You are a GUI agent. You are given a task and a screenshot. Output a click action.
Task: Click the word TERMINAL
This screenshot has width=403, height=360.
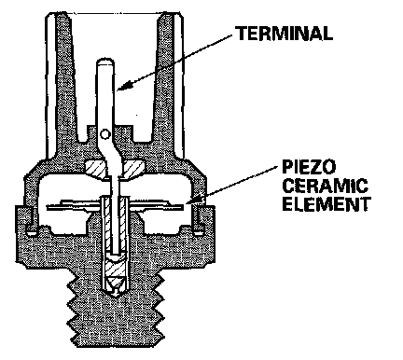[x=284, y=34]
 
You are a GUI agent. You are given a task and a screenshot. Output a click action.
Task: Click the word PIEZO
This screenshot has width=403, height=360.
[x=309, y=167]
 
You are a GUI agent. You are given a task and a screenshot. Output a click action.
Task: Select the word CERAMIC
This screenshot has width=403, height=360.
[x=325, y=186]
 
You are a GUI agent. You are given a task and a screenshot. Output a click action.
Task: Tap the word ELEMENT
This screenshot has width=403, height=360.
[x=327, y=204]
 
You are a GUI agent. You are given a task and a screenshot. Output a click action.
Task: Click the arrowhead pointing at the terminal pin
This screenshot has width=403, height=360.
[x=123, y=86]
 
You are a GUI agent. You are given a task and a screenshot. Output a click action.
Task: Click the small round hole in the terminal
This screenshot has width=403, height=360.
[x=105, y=134]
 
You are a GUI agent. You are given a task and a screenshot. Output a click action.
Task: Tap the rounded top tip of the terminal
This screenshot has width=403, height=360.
[x=105, y=62]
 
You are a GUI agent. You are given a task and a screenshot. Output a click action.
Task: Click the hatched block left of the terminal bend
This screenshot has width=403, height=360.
[x=95, y=169]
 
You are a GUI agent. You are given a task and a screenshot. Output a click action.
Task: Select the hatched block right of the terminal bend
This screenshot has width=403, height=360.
[x=133, y=169]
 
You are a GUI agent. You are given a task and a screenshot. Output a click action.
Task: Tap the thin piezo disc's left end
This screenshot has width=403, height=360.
[x=49, y=206]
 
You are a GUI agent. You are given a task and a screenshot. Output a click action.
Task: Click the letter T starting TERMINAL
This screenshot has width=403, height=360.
[x=241, y=34]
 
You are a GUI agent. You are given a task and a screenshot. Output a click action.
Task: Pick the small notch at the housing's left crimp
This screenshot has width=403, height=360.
[x=32, y=231]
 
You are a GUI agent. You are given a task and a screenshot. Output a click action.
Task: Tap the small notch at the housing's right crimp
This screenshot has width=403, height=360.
[x=198, y=231]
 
